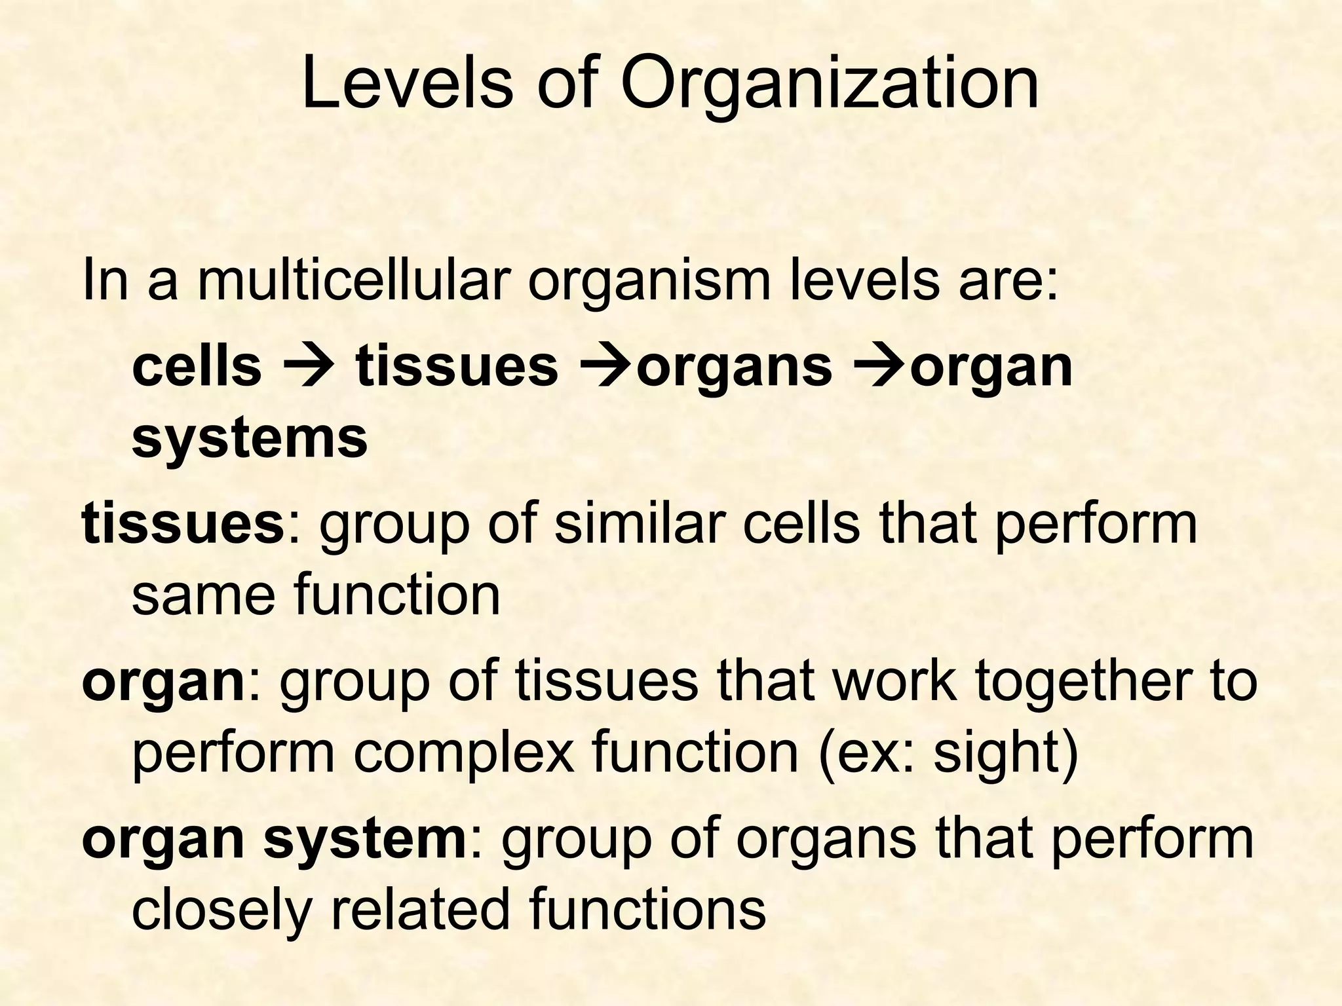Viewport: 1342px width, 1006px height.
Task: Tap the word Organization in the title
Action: [830, 85]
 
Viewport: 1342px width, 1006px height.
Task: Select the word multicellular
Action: [353, 280]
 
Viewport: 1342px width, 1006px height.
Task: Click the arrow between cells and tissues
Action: [308, 367]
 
